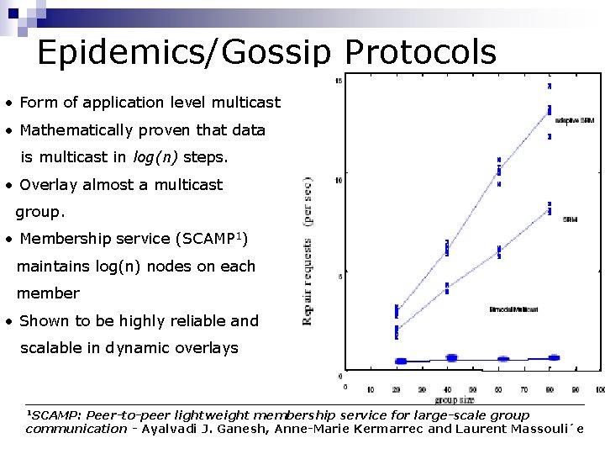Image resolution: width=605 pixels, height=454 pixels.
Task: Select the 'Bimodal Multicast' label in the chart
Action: click(513, 309)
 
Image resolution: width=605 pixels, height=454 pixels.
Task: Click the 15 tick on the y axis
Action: click(338, 81)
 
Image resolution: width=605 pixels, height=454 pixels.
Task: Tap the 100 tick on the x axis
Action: click(599, 389)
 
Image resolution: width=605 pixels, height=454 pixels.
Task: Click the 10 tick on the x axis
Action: click(371, 389)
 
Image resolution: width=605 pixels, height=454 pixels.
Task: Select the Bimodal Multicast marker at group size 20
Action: click(400, 361)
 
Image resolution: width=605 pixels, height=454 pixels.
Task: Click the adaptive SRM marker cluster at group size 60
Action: click(498, 171)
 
